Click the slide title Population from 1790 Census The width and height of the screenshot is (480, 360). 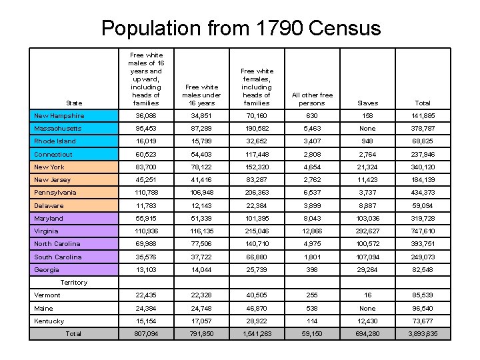click(x=241, y=28)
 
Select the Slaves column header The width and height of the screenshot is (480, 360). click(x=367, y=103)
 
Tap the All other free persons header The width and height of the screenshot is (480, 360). click(x=312, y=99)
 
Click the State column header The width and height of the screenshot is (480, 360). click(x=75, y=103)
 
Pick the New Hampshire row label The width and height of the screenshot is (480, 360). click(x=59, y=115)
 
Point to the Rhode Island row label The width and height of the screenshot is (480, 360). click(x=55, y=141)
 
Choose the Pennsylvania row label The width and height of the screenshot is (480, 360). click(x=55, y=193)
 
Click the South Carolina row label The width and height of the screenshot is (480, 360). click(x=58, y=257)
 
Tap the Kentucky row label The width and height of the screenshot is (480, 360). click(x=49, y=321)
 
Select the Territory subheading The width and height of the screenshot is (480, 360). click(x=73, y=283)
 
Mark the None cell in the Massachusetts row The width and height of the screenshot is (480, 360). click(x=367, y=129)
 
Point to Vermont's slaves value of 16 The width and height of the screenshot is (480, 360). click(x=367, y=295)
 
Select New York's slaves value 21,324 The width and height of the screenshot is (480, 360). click(x=367, y=167)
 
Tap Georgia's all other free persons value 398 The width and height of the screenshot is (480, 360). click(x=312, y=269)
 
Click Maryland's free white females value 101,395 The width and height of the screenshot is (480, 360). click(x=257, y=218)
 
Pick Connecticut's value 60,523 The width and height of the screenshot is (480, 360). click(x=146, y=154)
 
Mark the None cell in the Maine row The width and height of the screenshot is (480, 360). click(x=367, y=308)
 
